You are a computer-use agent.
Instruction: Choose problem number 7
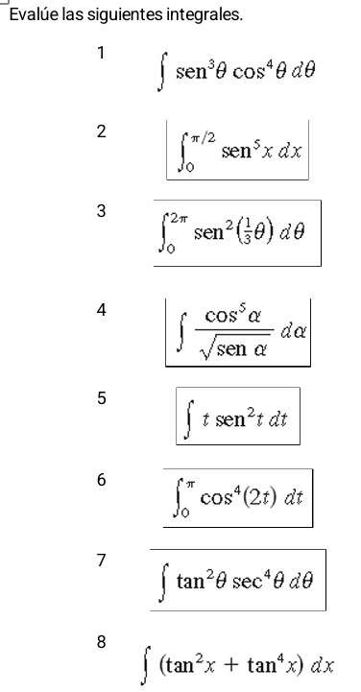click(x=99, y=560)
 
